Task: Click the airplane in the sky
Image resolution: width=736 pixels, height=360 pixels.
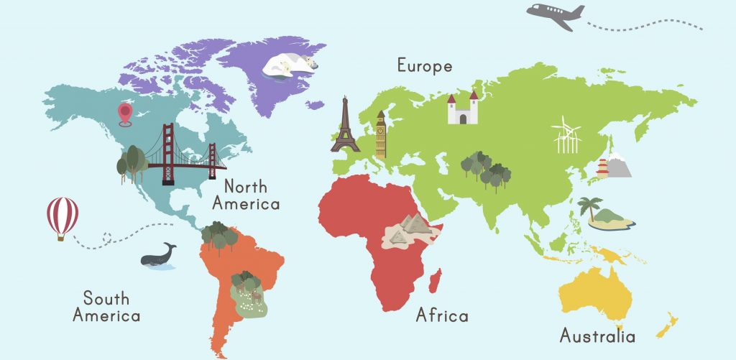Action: [555, 16]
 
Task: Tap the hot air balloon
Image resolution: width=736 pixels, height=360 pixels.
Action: [63, 216]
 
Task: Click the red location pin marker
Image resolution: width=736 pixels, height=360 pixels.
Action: [125, 113]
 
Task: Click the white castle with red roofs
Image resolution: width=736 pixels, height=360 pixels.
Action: [462, 109]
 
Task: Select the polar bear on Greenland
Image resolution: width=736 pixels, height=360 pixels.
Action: [289, 65]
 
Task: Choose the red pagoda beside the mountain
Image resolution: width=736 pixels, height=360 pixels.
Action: [602, 168]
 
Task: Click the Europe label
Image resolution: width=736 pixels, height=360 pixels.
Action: [425, 66]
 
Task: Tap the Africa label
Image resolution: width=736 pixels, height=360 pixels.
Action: [442, 315]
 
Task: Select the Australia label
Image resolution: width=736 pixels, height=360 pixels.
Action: [597, 336]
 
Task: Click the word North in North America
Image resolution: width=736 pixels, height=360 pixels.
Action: [245, 188]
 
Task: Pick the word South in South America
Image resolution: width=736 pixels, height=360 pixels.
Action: [106, 297]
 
